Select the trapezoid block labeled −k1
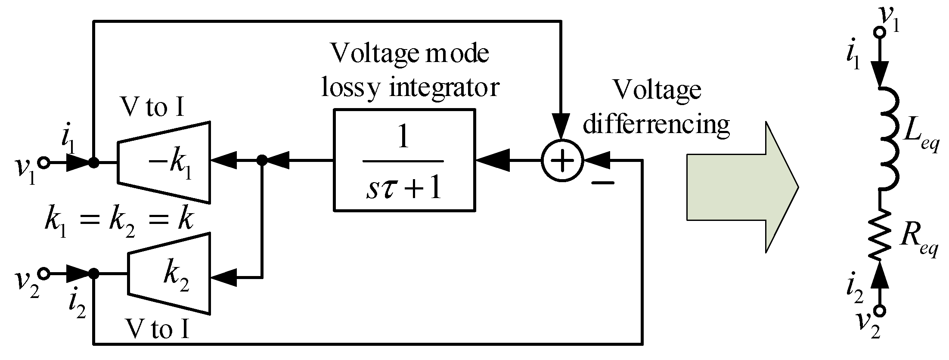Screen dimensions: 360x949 (164, 162)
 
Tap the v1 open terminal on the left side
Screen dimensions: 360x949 (43, 163)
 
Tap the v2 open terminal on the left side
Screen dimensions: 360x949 (43, 273)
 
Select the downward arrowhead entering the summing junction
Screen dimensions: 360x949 (561, 127)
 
